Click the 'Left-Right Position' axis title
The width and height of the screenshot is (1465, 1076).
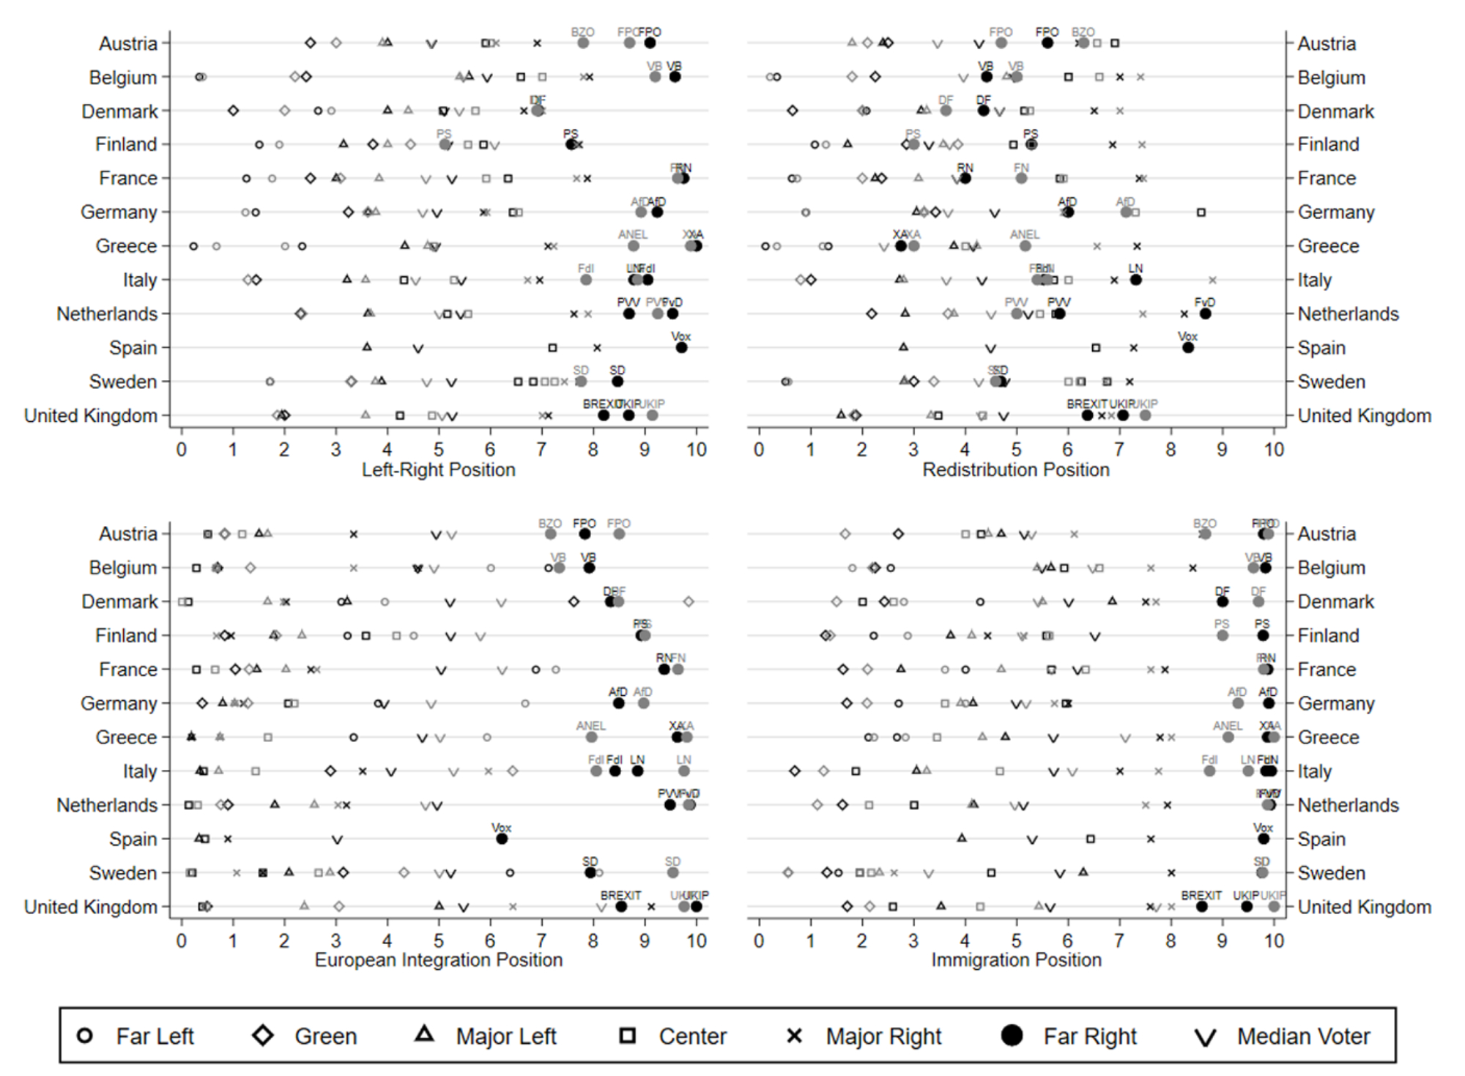tap(438, 470)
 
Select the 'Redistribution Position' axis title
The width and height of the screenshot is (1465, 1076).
tap(1015, 470)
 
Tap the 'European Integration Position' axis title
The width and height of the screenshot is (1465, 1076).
tap(438, 960)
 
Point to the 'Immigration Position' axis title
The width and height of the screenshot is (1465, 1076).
tap(1015, 960)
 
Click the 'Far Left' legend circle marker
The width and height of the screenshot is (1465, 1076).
tap(85, 1036)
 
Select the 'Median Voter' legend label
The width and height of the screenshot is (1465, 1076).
tap(1303, 1036)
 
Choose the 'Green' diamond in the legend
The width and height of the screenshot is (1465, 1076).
tap(263, 1036)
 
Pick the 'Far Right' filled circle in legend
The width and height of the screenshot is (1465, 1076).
tap(1012, 1036)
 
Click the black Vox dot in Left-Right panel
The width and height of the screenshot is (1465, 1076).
tap(681, 347)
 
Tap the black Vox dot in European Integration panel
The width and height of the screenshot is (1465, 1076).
tap(502, 839)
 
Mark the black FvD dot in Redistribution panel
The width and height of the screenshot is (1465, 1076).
tap(1205, 313)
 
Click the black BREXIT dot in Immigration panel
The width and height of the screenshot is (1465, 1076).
tap(1201, 906)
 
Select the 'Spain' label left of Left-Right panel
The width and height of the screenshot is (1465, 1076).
tap(133, 347)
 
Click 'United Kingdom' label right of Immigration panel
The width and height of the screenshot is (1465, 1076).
tap(1364, 907)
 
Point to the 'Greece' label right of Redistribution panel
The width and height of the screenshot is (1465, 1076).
tap(1328, 246)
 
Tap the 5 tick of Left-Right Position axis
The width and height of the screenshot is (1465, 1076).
tap(438, 449)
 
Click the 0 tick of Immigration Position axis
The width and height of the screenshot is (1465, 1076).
tap(759, 940)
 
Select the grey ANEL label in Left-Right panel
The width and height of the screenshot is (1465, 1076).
tap(632, 234)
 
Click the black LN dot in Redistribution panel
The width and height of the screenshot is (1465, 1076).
tap(1135, 280)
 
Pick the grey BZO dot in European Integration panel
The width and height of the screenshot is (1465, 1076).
tap(550, 534)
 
